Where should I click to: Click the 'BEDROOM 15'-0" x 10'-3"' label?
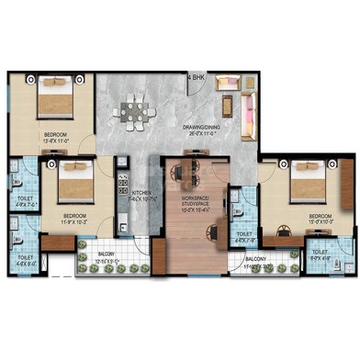point(317,219)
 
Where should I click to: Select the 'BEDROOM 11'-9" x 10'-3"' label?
point(77,219)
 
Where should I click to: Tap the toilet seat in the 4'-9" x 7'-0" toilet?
point(18,177)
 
